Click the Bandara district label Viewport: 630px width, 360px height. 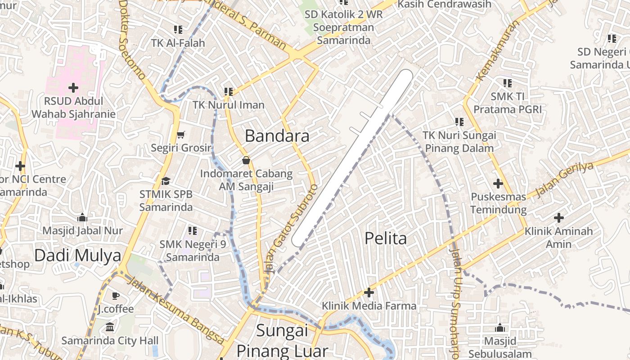[277, 136]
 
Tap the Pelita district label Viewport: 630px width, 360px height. [386, 238]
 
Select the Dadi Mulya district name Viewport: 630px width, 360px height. [78, 256]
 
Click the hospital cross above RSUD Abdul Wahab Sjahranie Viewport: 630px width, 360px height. [73, 87]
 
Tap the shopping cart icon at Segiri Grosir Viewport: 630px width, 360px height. [181, 135]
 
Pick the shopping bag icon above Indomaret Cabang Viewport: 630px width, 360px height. [246, 160]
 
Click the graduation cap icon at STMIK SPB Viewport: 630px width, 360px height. [166, 181]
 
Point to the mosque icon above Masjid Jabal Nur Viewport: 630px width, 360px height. [82, 218]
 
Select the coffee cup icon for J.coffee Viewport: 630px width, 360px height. [116, 296]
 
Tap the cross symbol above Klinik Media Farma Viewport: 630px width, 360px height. [369, 293]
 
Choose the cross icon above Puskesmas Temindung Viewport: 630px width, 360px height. [498, 184]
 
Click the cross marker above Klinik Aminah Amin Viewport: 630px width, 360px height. [558, 218]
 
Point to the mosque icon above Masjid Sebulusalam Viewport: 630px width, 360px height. [499, 328]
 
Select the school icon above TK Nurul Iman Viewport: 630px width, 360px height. [228, 91]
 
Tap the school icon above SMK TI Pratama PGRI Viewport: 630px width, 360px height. [507, 83]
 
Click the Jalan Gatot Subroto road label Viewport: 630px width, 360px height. [293, 228]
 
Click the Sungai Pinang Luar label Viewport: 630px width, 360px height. [282, 341]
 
